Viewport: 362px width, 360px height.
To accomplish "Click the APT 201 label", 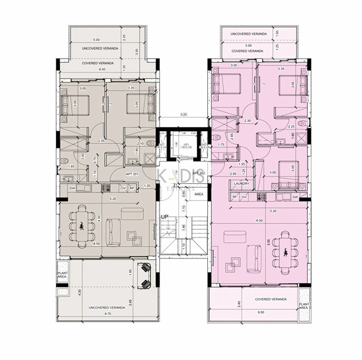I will click(133, 174).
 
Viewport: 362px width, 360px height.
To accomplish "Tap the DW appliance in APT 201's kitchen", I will click(73, 188).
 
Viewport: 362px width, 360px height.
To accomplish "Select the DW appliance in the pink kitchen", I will click(295, 197).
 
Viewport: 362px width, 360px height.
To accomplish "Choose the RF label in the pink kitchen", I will click(235, 197).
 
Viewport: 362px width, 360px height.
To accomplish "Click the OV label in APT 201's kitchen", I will click(123, 188).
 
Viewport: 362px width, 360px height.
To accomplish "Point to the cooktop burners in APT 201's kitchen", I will click(105, 188).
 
